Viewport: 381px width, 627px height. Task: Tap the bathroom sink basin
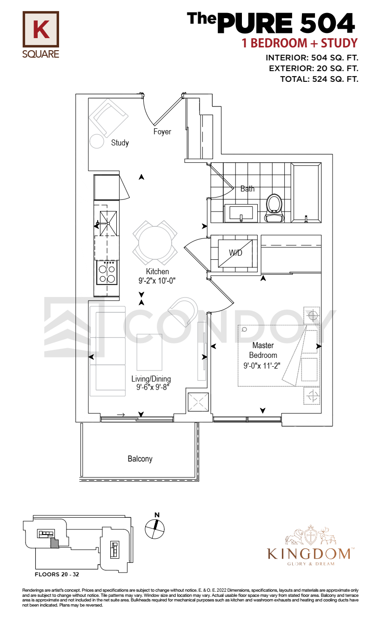[241, 213]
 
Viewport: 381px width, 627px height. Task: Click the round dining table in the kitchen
[155, 243]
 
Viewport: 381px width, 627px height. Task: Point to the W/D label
[235, 253]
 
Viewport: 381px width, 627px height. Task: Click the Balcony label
[140, 459]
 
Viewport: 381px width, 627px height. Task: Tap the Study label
[120, 143]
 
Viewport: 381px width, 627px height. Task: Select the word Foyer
[162, 132]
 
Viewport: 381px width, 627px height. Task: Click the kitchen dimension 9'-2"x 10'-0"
[157, 281]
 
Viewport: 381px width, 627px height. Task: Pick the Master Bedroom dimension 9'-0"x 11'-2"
[261, 366]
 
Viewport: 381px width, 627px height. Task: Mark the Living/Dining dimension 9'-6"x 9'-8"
[153, 387]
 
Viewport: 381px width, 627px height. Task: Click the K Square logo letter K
[41, 29]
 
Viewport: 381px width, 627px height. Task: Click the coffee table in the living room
[149, 352]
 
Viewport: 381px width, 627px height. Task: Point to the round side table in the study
[97, 141]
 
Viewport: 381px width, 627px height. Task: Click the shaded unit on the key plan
[54, 543]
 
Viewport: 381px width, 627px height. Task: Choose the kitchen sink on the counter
[108, 224]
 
